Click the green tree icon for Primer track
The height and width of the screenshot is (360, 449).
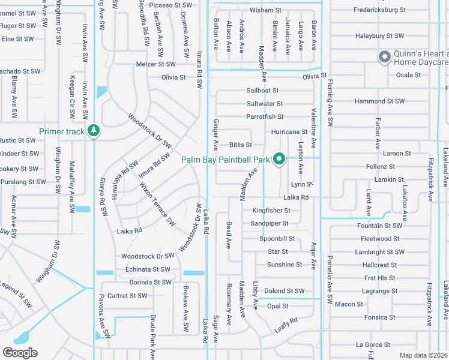(93, 131)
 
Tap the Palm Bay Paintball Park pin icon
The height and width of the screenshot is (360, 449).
(279, 159)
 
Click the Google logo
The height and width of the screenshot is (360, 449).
(20, 353)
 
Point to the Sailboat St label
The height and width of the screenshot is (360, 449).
(263, 91)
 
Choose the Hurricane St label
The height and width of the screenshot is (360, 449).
(289, 131)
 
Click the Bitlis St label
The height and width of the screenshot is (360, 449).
(240, 145)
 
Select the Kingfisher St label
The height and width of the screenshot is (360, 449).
(271, 211)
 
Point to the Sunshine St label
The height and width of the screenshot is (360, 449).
(284, 264)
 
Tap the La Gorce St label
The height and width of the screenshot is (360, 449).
(373, 345)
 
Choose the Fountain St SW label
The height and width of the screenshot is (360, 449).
(378, 226)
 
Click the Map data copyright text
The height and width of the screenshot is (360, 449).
(423, 355)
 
